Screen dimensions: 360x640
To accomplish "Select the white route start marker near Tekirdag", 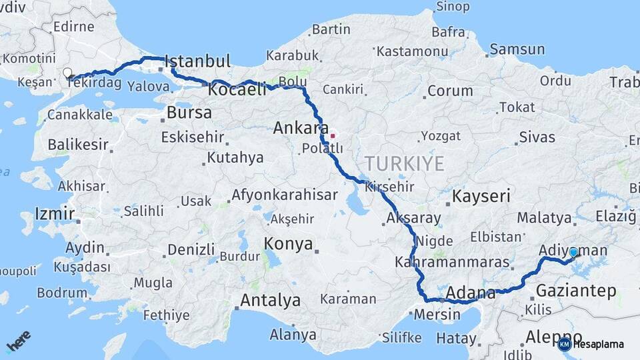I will coord(67,73).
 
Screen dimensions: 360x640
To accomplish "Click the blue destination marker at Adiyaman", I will coord(573,252).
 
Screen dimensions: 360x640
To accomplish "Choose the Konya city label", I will coord(289,244).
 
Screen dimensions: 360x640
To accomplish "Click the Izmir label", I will coord(54,215).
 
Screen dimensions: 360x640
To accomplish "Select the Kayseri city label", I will coord(481,197).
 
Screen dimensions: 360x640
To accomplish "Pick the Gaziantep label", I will coord(576,291).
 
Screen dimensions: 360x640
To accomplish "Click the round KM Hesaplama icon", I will coord(565,344).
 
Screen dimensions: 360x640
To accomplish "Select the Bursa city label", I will coord(189,113).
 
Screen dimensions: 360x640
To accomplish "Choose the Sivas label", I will coord(537,137).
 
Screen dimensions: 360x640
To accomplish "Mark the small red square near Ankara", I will coord(333,135).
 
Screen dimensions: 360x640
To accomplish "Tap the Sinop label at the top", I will coord(453,7).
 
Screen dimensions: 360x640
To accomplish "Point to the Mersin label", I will coord(437,314).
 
